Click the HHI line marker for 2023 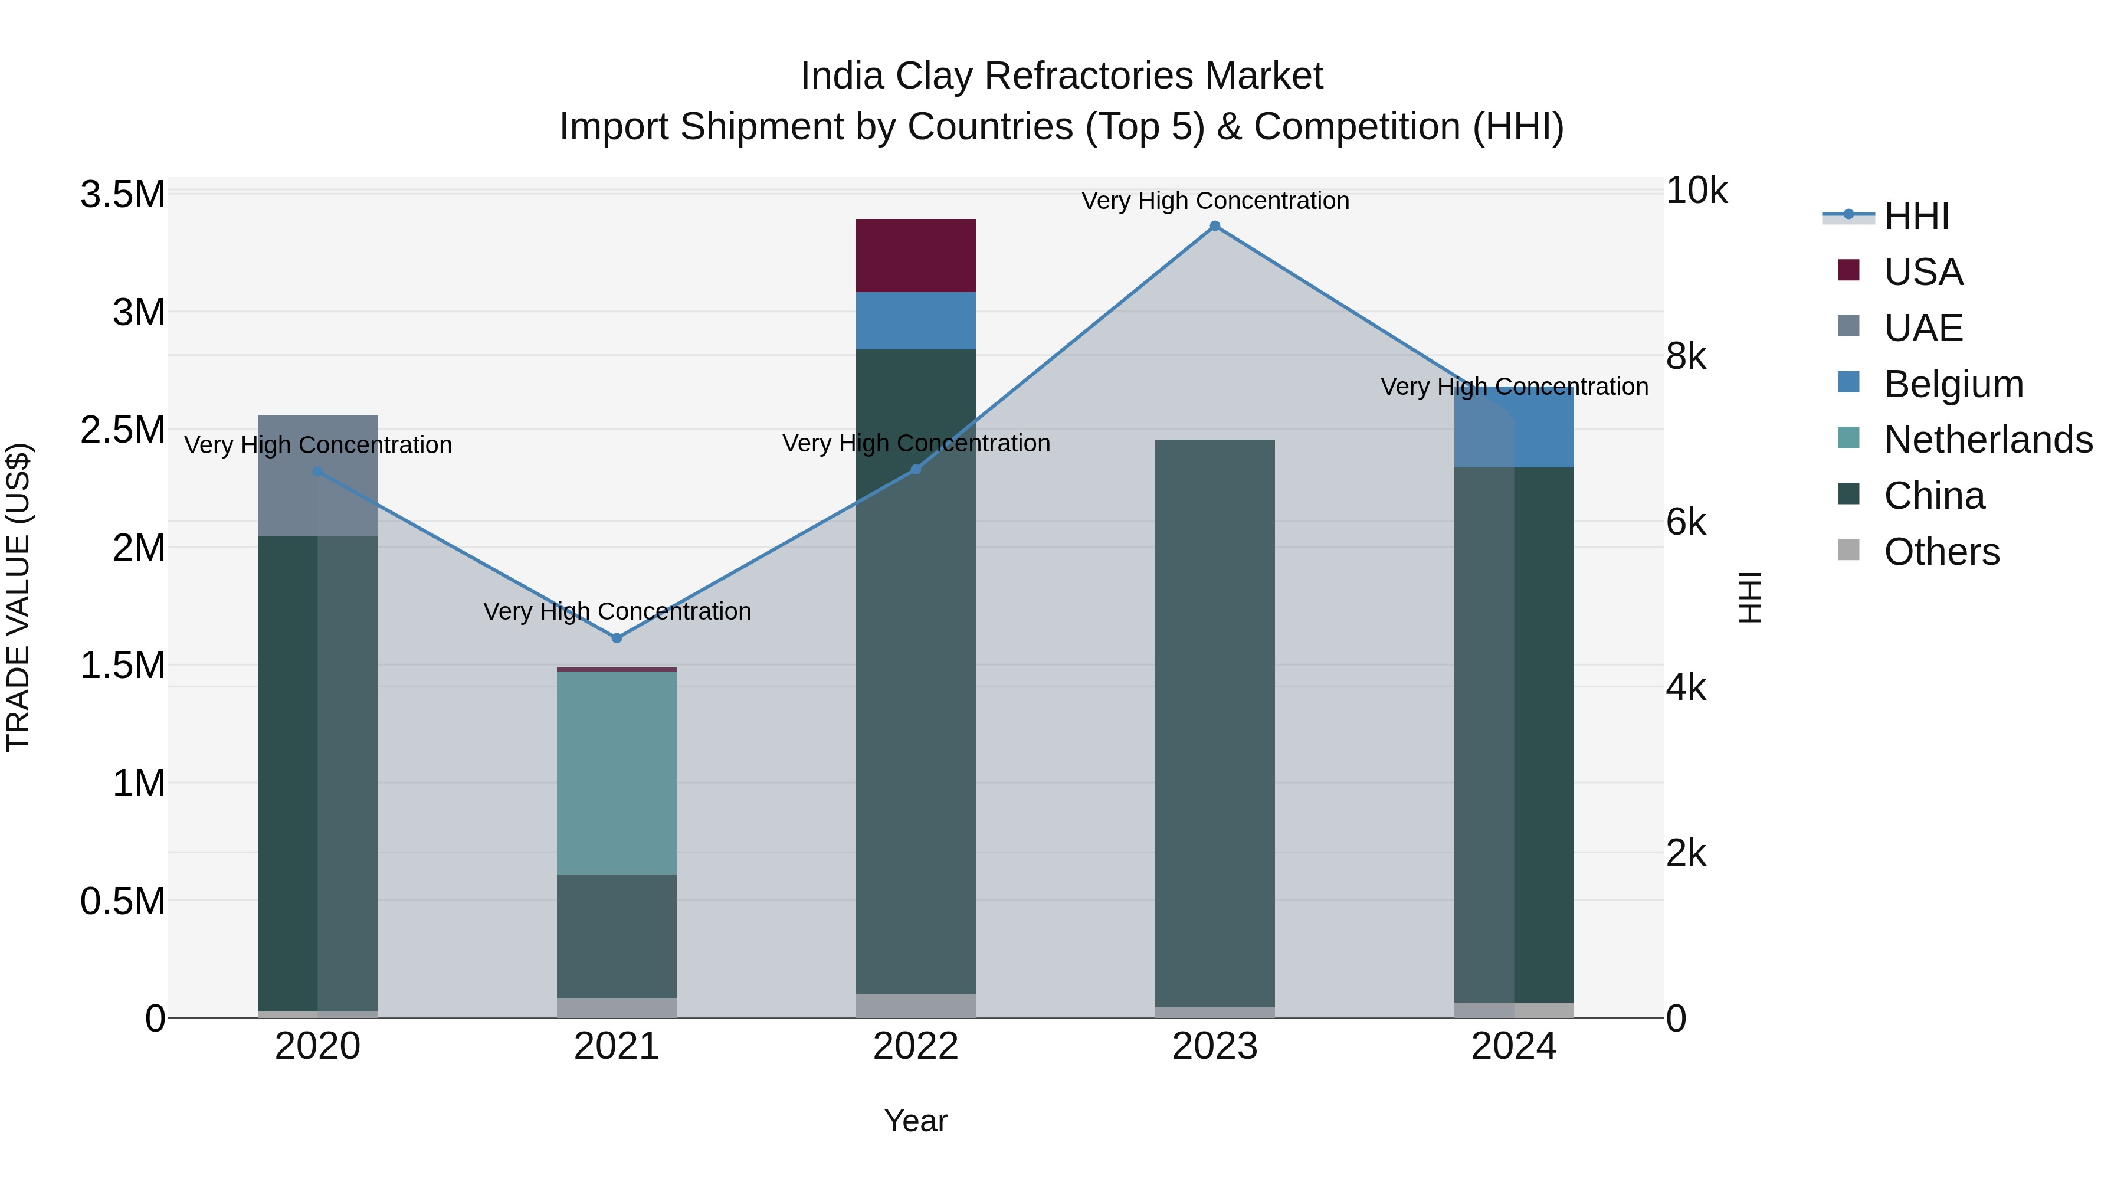tap(1215, 226)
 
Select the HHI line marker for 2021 tap(617, 637)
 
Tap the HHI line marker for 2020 tap(317, 472)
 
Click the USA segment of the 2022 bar tap(915, 256)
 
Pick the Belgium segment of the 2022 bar tap(915, 321)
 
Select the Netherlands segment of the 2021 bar tap(617, 772)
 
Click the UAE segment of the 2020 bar tap(317, 475)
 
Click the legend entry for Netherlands tap(1987, 440)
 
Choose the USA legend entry tap(1923, 272)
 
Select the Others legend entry tap(1941, 552)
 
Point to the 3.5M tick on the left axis tap(123, 195)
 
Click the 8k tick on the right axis tap(1686, 357)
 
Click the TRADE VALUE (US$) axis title tap(18, 597)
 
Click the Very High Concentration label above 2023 tap(1215, 201)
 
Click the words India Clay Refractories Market tap(1061, 77)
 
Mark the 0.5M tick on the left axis tap(123, 901)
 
